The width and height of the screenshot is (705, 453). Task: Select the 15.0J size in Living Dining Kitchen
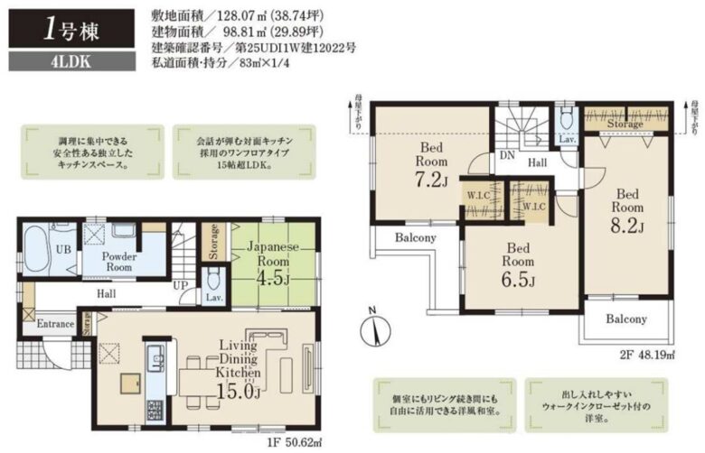click(x=238, y=390)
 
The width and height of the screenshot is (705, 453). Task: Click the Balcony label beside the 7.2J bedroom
click(x=415, y=238)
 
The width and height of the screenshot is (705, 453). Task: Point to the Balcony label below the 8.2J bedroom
click(x=625, y=319)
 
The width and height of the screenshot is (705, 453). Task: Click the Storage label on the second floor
click(x=625, y=124)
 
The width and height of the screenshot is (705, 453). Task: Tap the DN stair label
click(x=507, y=155)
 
